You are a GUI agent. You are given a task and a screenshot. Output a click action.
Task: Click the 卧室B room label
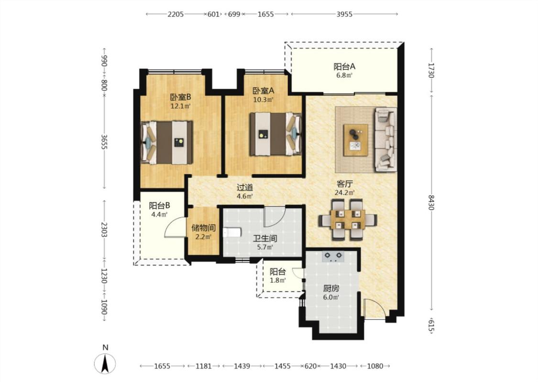(x=180, y=97)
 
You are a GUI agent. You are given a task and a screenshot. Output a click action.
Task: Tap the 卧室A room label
(x=264, y=91)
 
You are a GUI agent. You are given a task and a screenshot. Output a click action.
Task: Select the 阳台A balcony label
(x=344, y=66)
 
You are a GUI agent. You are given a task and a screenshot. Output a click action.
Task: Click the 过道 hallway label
(x=245, y=187)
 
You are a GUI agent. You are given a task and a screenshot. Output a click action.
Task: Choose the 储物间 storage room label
(x=203, y=228)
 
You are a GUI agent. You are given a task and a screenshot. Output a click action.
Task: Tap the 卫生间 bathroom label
(x=265, y=238)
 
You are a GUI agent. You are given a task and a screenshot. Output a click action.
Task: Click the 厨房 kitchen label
(x=331, y=288)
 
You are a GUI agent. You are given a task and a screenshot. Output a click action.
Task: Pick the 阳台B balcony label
(x=160, y=206)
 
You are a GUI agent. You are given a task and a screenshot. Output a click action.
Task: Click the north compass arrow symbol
(x=105, y=363)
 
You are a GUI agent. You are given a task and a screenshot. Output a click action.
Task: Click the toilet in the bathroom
(x=231, y=233)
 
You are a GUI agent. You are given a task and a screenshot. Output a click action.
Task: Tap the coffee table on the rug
(x=356, y=140)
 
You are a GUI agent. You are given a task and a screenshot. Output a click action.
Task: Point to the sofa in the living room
(x=385, y=139)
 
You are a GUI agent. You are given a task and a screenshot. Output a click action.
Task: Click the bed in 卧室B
(x=167, y=142)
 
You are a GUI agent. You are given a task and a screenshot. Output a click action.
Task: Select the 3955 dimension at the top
(x=344, y=14)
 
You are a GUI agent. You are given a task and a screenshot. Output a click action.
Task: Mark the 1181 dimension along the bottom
(x=203, y=366)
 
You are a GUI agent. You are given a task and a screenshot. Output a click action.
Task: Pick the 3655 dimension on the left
(x=104, y=141)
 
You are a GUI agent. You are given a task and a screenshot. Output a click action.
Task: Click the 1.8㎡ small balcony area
(x=277, y=280)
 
